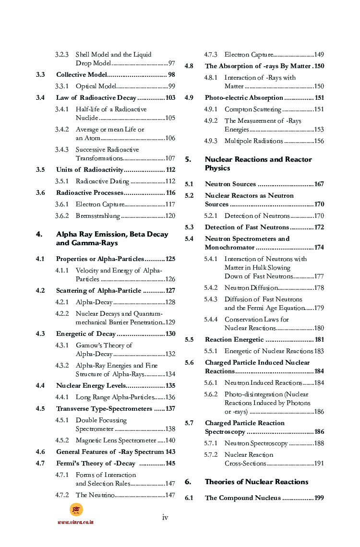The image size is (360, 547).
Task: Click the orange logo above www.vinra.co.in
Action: (76, 510)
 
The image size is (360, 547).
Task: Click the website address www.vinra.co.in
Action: (75, 522)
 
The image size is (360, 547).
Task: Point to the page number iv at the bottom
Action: (165, 517)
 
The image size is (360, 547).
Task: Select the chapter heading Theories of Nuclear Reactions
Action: (256, 482)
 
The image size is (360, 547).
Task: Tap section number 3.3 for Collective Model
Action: (40, 75)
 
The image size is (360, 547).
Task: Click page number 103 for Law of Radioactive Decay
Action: (169, 98)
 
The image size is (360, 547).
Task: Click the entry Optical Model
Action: (96, 86)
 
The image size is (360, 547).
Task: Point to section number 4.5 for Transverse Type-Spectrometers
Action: (40, 409)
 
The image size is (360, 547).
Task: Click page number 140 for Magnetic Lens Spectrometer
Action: (170, 440)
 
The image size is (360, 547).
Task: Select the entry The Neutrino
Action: (95, 495)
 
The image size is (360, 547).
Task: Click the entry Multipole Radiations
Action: (253, 141)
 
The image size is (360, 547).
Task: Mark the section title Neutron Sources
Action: (230, 184)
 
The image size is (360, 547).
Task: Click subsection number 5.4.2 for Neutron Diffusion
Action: (211, 288)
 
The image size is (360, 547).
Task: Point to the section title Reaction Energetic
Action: (235, 340)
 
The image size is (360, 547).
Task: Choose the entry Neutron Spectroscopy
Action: (256, 443)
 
